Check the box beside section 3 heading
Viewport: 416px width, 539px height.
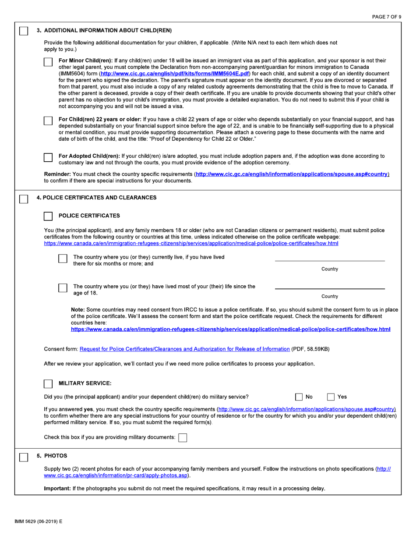[x=24, y=32]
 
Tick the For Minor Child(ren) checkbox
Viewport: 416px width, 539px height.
[x=48, y=62]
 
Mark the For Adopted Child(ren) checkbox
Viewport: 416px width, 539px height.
[x=48, y=157]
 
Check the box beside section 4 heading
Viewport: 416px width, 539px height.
[x=24, y=199]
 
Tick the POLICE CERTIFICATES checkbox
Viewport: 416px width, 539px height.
[x=48, y=216]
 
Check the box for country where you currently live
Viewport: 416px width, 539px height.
[x=63, y=259]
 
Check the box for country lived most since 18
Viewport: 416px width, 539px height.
[x=63, y=288]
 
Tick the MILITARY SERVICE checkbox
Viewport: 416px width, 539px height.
[x=48, y=384]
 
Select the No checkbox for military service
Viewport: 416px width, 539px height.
[x=299, y=397]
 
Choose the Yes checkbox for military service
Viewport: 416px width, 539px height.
[x=331, y=397]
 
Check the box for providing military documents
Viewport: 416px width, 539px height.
[x=183, y=438]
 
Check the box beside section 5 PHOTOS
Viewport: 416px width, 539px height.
[x=24, y=457]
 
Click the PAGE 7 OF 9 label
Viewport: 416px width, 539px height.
[x=386, y=17]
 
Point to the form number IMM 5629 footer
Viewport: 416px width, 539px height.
[x=39, y=521]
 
